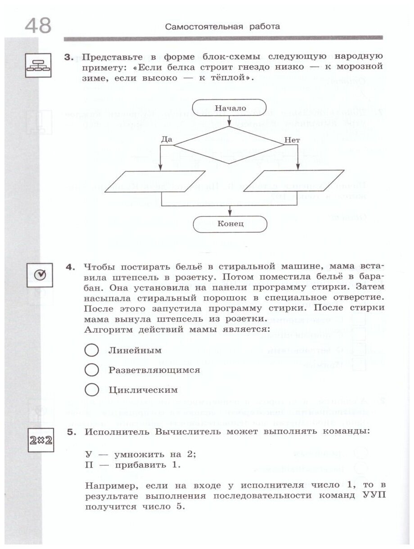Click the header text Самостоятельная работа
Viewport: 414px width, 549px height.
[222, 27]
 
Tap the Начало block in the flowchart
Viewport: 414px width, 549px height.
[230, 108]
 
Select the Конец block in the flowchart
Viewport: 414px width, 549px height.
[230, 223]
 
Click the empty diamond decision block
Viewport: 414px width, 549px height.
[228, 145]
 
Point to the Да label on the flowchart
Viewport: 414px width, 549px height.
[166, 139]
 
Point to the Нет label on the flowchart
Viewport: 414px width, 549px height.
[292, 140]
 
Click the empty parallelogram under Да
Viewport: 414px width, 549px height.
[158, 182]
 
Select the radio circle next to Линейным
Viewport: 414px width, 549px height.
[91, 351]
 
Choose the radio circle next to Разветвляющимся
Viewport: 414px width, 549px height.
[91, 370]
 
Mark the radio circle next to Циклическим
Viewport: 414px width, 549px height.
[91, 389]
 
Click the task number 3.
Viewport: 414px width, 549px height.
[68, 57]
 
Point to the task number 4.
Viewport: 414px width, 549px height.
[70, 267]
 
